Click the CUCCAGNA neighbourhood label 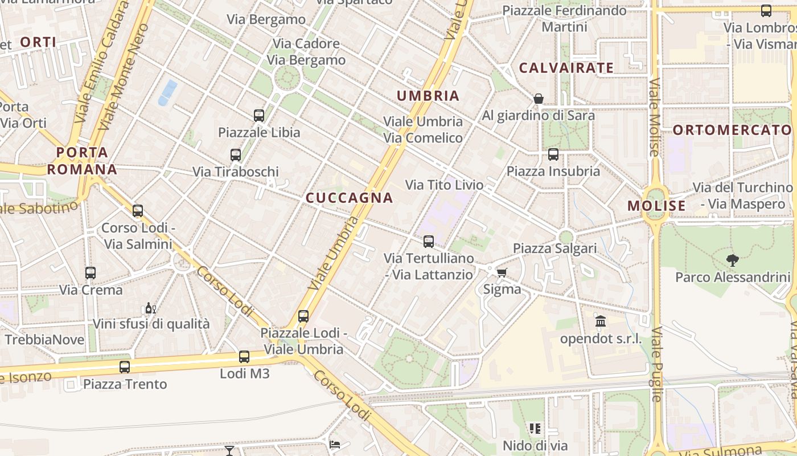[x=349, y=198]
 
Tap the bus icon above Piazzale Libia [x=259, y=116]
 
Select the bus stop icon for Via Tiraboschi [x=236, y=154]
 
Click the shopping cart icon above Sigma [x=502, y=272]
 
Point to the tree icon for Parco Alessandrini [x=733, y=260]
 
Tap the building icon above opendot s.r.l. [x=601, y=321]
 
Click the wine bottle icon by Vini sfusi [x=150, y=308]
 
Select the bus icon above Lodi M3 [x=244, y=357]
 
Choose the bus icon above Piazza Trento [x=125, y=367]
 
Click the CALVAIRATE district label [x=566, y=68]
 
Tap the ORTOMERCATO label [x=732, y=130]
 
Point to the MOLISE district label [x=656, y=206]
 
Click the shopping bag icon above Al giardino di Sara [x=539, y=99]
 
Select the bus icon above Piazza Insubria [x=553, y=154]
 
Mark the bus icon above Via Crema [x=91, y=273]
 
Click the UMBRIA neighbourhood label [x=428, y=96]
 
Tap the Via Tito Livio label [x=444, y=185]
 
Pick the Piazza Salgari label [x=555, y=249]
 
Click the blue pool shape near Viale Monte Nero [x=167, y=92]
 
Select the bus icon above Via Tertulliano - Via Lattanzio [x=429, y=242]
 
